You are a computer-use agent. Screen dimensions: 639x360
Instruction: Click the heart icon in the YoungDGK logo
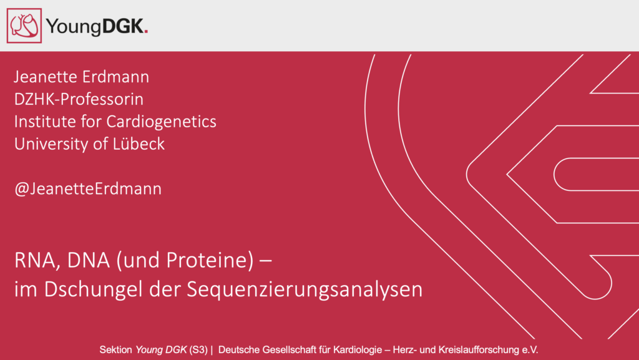pos(24,26)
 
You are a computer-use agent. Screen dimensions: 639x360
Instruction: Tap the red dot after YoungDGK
pos(146,32)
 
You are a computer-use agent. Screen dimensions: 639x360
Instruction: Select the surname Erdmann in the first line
pos(115,77)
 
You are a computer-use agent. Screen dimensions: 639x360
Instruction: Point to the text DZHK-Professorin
pos(79,99)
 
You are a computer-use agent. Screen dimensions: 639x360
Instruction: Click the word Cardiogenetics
pos(162,122)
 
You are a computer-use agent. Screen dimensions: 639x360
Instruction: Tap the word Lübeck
pos(139,144)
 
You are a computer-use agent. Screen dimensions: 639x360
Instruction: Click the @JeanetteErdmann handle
pos(88,188)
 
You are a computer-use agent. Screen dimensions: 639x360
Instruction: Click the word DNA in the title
pos(89,260)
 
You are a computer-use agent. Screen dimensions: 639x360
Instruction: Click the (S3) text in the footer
pos(198,350)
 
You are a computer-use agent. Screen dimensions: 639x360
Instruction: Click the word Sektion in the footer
pos(115,350)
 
